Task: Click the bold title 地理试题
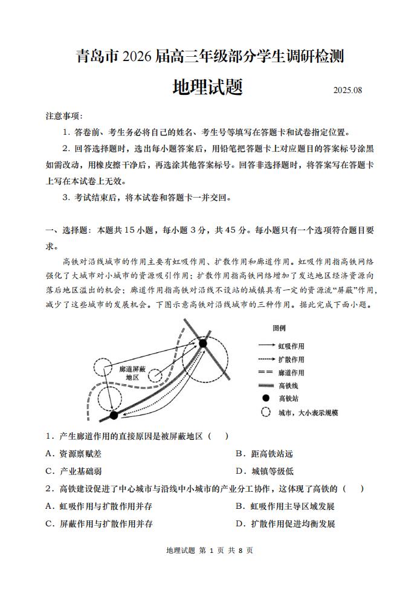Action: (207, 87)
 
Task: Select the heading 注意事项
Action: (63, 116)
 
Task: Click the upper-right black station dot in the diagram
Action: (203, 343)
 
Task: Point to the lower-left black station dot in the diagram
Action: (114, 415)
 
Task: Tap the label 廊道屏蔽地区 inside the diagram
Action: (133, 372)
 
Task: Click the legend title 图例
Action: (279, 328)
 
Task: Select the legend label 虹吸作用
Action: (291, 346)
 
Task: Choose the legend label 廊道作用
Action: (291, 373)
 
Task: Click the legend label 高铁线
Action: (288, 386)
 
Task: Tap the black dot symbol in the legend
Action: (265, 398)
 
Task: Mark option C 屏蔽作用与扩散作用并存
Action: (99, 523)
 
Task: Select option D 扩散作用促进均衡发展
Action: (285, 523)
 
